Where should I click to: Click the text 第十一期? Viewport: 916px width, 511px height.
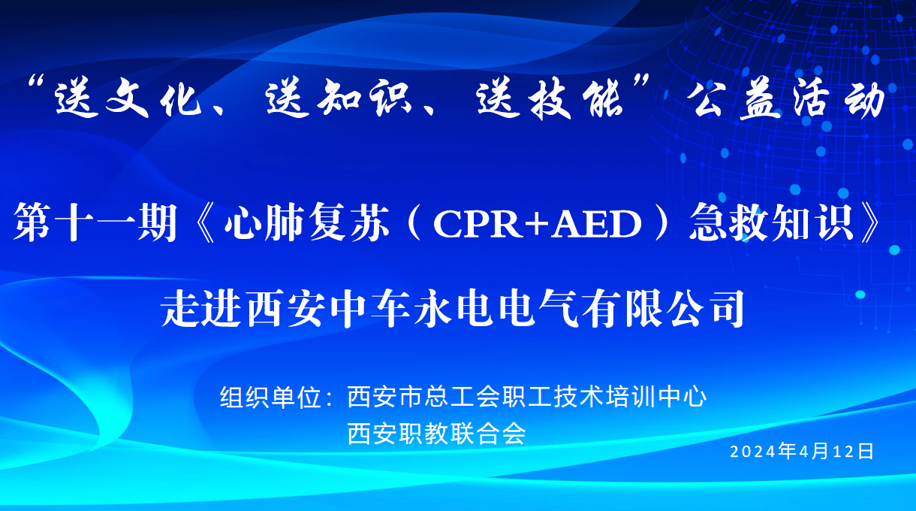[x=94, y=223]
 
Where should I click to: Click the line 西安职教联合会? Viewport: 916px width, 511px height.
[x=436, y=434]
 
